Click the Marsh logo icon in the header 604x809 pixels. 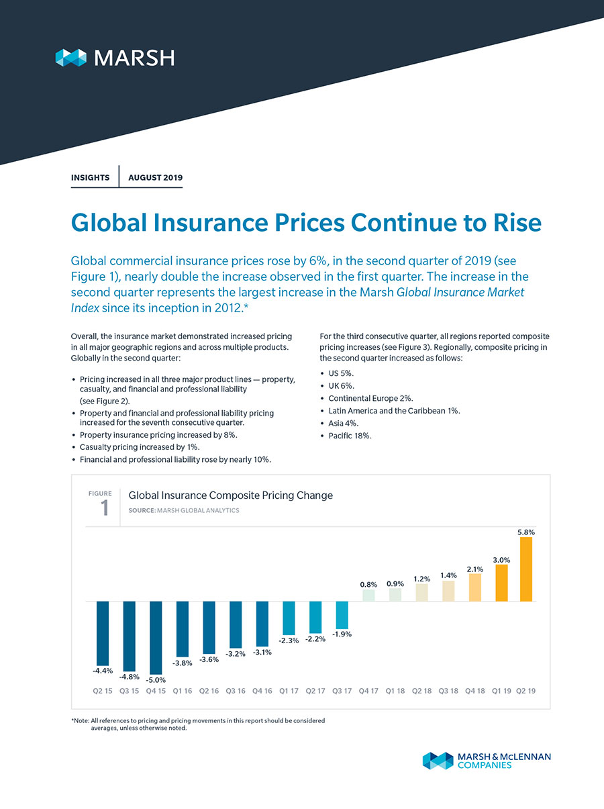coord(71,58)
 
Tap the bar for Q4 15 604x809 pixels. coord(156,637)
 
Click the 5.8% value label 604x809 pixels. coord(526,531)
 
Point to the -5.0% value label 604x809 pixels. coord(156,680)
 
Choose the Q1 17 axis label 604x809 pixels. coord(289,690)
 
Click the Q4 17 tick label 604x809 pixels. coord(369,690)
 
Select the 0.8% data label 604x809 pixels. coord(369,584)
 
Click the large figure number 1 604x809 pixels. coord(105,509)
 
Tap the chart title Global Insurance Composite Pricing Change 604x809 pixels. coord(230,495)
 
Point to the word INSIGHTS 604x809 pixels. coord(90,178)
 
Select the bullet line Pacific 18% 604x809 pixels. coord(350,435)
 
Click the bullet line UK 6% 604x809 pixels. coord(344,385)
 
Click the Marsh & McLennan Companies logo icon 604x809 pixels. coord(438,761)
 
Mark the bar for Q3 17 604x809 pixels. coord(342,614)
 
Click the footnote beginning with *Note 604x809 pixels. coord(198,724)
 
